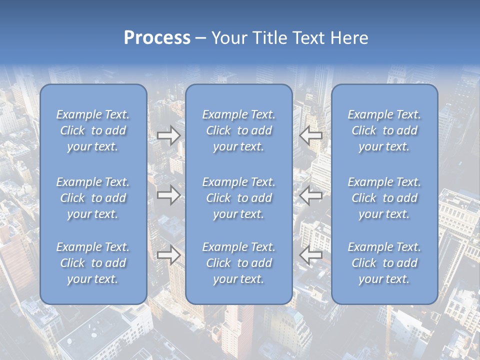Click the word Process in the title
[157, 38]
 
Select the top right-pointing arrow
[168, 135]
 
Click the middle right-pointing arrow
[168, 195]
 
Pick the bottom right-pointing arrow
[168, 255]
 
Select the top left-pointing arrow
[310, 135]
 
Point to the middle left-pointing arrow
[310, 195]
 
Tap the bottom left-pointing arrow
[310, 255]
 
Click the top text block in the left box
[93, 130]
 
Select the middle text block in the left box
[93, 198]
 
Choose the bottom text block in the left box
[93, 263]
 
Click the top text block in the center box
[238, 130]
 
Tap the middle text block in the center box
[238, 198]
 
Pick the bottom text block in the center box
[238, 263]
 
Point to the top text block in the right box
[384, 130]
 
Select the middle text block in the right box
[384, 198]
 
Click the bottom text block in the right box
[384, 263]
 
